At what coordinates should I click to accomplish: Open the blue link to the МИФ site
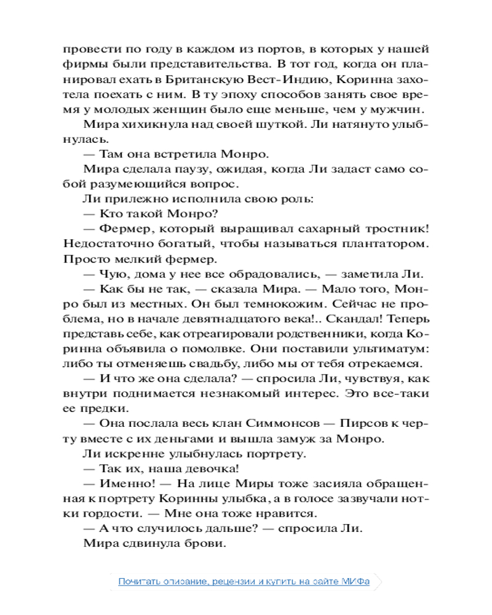[244, 581]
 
